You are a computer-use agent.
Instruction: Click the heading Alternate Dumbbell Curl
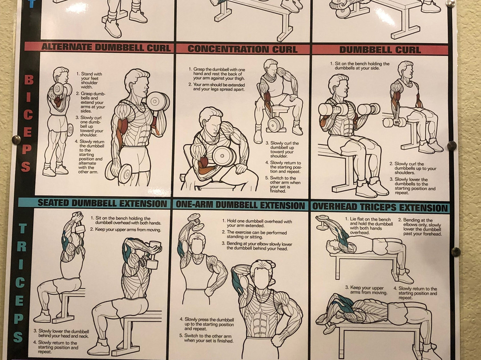point(106,47)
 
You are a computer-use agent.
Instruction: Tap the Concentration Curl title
point(242,49)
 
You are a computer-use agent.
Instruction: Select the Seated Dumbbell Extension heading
point(102,203)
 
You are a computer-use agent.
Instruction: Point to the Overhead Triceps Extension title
point(380,208)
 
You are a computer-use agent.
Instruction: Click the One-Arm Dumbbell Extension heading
point(240,205)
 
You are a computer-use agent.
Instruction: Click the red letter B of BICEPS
point(29,80)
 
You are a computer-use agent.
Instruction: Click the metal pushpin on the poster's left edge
point(16,140)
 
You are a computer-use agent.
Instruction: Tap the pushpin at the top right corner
point(450,4)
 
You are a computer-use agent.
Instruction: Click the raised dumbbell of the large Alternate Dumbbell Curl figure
point(158,102)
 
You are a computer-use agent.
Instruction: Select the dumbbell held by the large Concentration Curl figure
point(224,156)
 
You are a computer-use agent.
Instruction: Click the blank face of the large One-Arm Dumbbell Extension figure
point(261,278)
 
